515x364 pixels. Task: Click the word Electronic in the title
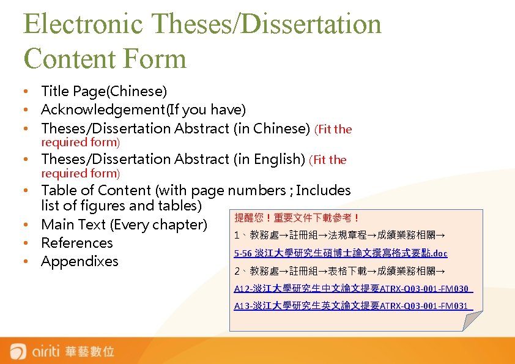pos(83,24)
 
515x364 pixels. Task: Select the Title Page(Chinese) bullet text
pos(103,91)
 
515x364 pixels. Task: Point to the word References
pos(77,243)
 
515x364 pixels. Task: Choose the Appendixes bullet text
pos(80,261)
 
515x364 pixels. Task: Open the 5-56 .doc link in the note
pos(341,253)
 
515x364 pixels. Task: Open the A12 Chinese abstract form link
pos(353,289)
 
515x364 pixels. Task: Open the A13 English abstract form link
pos(353,305)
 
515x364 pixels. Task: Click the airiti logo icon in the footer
pos(18,352)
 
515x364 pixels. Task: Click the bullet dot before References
pos(28,243)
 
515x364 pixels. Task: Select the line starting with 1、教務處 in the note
pos(340,236)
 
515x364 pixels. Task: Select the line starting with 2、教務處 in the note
pos(340,271)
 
